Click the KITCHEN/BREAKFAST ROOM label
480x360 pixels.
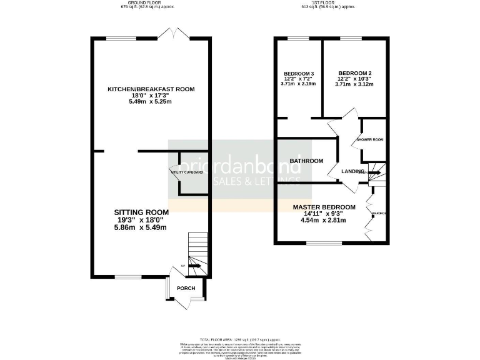(x=151, y=89)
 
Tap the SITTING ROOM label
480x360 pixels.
(x=141, y=212)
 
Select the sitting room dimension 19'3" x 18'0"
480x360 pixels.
(x=141, y=220)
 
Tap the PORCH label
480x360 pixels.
(x=186, y=288)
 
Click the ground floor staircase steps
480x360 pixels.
(x=197, y=247)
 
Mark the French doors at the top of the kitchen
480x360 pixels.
(x=172, y=34)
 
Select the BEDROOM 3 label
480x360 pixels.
(x=298, y=74)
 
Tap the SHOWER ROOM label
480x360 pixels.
(x=369, y=139)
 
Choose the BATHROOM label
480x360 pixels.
(x=306, y=161)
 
